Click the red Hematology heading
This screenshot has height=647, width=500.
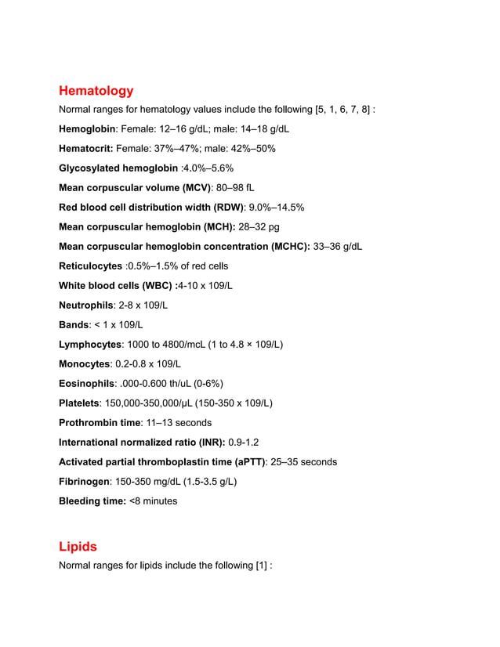96,91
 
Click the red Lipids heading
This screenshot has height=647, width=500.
78,547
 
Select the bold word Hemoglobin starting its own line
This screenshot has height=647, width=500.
88,129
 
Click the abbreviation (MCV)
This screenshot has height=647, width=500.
197,188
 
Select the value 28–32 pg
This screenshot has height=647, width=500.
259,227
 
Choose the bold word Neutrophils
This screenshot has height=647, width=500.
86,305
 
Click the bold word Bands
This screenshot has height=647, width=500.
74,325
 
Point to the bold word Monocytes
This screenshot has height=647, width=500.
85,364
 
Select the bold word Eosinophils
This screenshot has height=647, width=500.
87,384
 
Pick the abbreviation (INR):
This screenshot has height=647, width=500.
208,443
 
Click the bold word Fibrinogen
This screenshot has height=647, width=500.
85,482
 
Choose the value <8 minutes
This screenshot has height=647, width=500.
153,501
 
